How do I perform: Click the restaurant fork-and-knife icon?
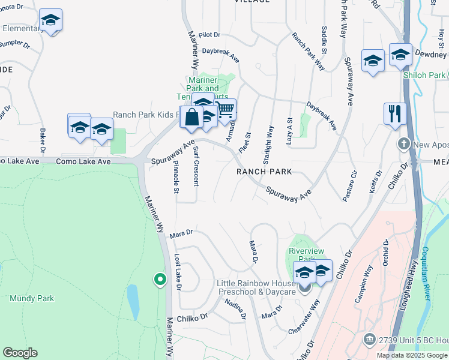(x=394, y=113)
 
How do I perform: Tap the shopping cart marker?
(x=226, y=110)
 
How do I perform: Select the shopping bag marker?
(x=191, y=117)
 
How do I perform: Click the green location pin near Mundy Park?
(x=160, y=279)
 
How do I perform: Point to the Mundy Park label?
(x=32, y=298)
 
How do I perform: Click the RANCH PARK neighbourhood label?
(x=264, y=172)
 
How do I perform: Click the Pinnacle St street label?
(x=176, y=178)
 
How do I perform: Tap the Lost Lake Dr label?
(x=178, y=272)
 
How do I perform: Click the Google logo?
(x=20, y=353)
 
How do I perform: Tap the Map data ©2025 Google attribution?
(x=411, y=355)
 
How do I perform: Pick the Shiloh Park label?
(x=424, y=75)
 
